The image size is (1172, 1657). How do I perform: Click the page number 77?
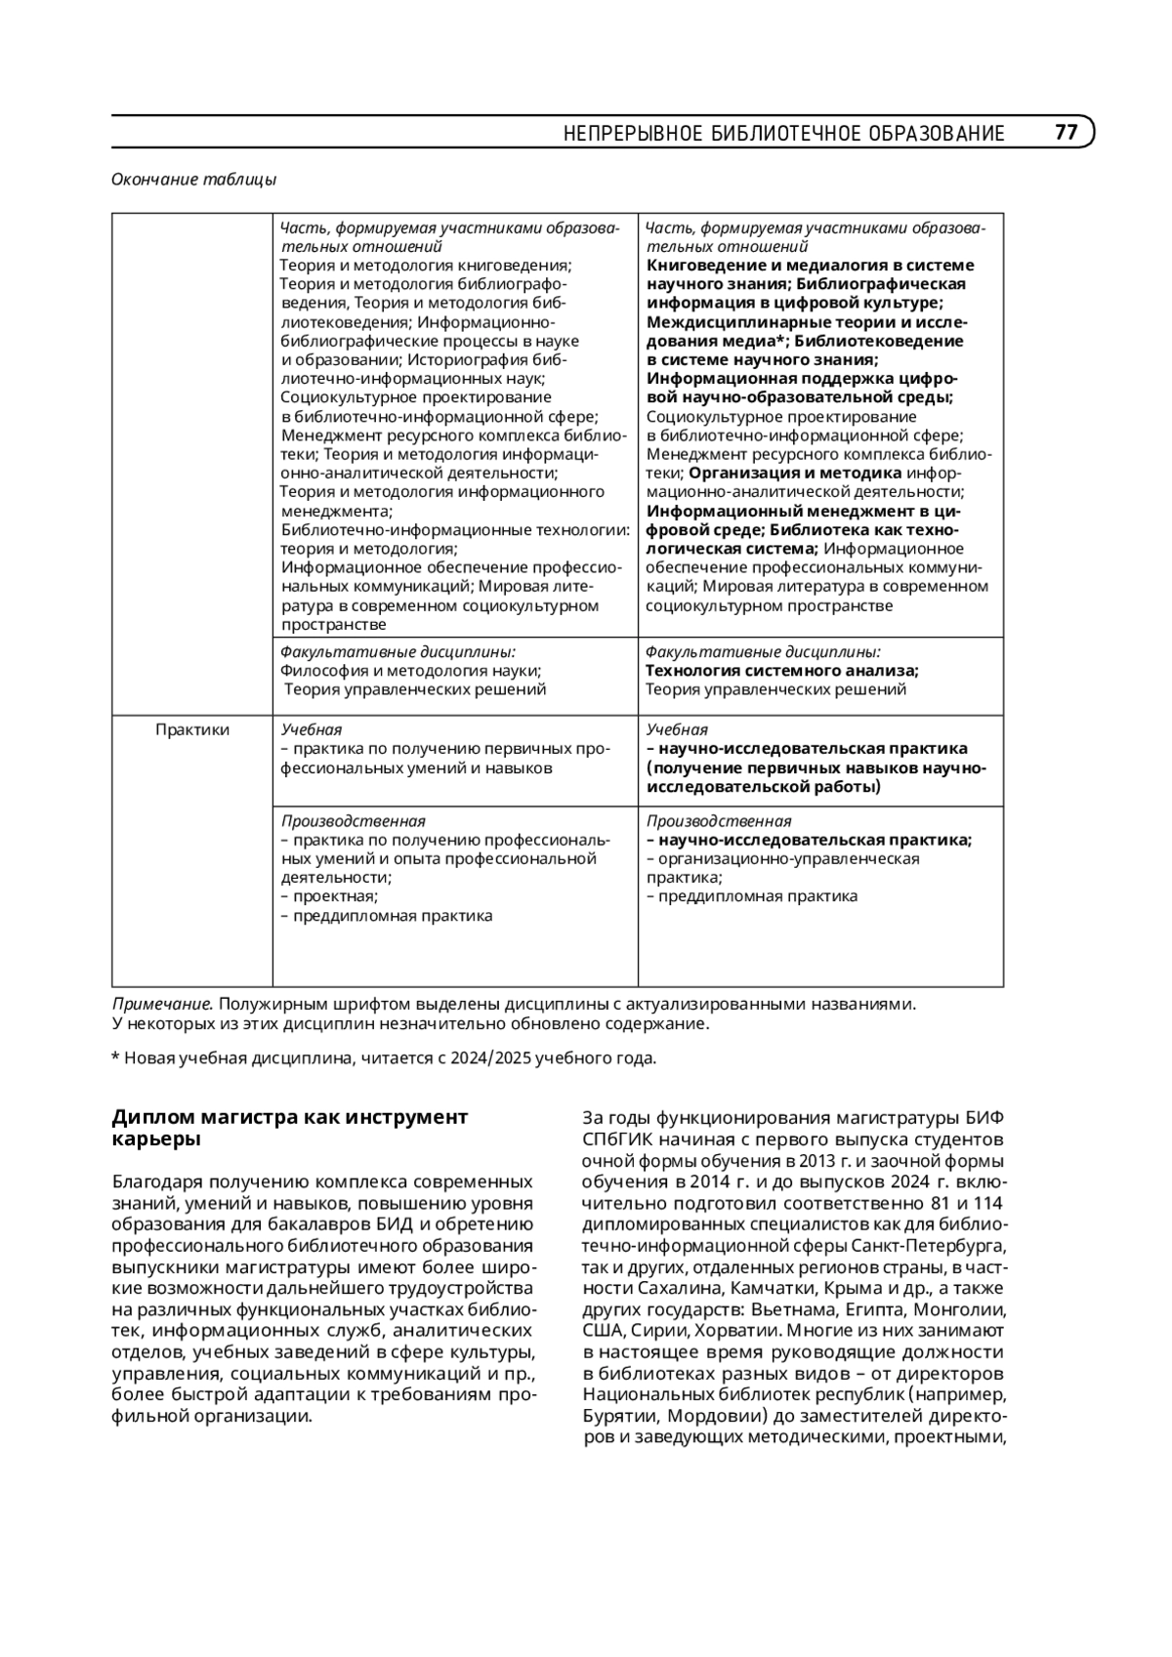(1066, 132)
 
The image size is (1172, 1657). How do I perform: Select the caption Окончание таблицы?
(193, 180)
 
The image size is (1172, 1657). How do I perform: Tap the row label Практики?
(192, 729)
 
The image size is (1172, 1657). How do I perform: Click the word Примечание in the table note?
(162, 1004)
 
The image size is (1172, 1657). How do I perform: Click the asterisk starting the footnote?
(116, 1057)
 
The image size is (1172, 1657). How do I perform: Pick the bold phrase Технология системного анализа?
(781, 671)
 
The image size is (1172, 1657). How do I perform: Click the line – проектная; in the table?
(329, 896)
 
